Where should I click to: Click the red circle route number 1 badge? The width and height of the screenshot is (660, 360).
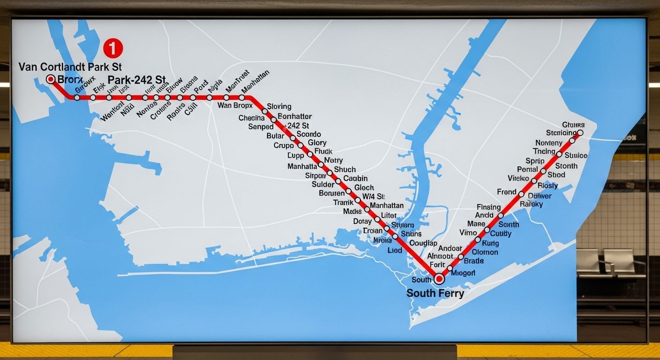pos(112,48)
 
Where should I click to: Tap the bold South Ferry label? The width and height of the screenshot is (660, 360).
pos(435,293)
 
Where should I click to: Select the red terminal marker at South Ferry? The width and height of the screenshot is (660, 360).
pos(439,279)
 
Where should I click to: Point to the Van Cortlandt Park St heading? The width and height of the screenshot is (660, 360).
pos(70,67)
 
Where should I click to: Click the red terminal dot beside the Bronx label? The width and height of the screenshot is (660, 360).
pos(51,79)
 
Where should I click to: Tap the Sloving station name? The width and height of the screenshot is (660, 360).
pos(279,106)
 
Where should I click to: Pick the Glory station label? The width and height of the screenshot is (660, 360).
pos(317,142)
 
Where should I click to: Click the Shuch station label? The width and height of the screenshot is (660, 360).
pos(345,169)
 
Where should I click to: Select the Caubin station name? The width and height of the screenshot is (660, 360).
pos(355,178)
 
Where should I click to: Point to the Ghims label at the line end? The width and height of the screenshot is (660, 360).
pos(573,125)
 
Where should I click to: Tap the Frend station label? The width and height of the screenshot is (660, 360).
pos(507,192)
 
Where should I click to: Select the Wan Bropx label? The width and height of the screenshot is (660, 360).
pos(235,105)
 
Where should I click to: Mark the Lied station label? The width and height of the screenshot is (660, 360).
pos(395,250)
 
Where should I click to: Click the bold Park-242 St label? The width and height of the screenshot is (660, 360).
pos(137,80)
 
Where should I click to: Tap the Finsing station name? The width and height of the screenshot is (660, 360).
pos(489,207)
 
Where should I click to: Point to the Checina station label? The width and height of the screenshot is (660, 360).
pos(252,118)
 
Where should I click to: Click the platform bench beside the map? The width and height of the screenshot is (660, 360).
pos(610,262)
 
